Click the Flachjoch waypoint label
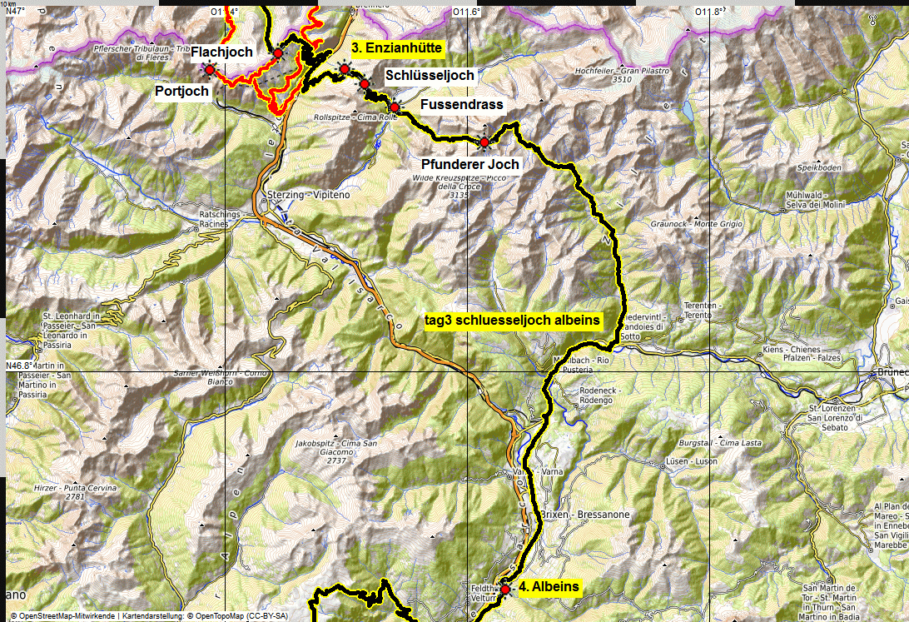[221, 52]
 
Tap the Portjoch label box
[182, 91]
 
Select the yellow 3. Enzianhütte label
[396, 47]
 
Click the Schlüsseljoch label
[430, 75]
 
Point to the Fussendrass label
[462, 104]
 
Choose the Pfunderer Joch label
[470, 164]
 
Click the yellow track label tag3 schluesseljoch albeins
[512, 321]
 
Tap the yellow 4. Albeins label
[549, 587]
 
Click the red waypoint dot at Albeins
[504, 589]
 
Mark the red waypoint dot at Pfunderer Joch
[484, 142]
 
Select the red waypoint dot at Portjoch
[210, 71]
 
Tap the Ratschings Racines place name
[220, 217]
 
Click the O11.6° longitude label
[467, 12]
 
